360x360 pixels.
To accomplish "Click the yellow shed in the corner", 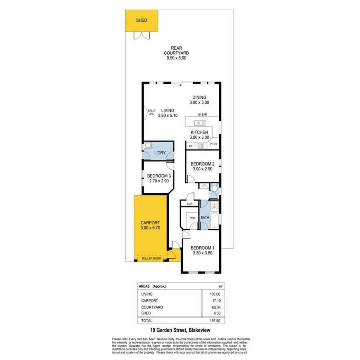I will coord(141,21).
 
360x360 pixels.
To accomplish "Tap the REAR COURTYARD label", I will coord(176,53).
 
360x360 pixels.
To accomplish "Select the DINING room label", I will coord(199,97).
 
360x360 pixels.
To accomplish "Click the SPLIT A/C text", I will coord(151,112).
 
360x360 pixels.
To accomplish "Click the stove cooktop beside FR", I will coord(201,146).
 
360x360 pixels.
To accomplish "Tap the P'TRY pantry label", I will coord(213,144).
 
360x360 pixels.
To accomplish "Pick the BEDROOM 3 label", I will coord(159,176).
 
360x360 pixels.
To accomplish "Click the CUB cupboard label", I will coord(190,204).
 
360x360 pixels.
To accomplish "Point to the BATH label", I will coord(204,218).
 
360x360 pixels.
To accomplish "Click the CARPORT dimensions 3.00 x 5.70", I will coord(150,228).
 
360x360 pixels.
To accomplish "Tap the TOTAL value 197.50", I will coord(216,321).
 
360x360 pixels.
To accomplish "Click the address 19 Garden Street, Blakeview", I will coord(180,330).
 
